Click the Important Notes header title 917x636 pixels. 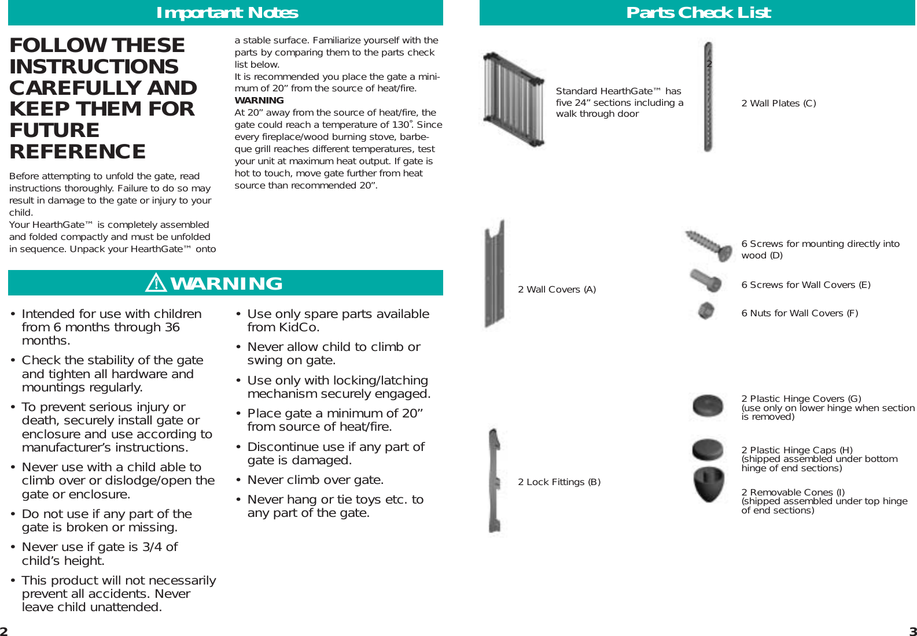pyautogui.click(x=227, y=13)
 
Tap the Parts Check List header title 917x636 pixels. pyautogui.click(x=698, y=13)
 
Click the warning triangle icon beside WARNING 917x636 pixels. pyautogui.click(x=156, y=283)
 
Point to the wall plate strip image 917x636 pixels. pyautogui.click(x=708, y=97)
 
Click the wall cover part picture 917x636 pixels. pyautogui.click(x=495, y=273)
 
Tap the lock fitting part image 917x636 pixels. pyautogui.click(x=495, y=481)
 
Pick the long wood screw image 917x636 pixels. pyautogui.click(x=709, y=245)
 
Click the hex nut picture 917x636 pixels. pyautogui.click(x=706, y=311)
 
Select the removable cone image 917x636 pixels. pyautogui.click(x=709, y=483)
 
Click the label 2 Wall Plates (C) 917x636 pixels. pyautogui.click(x=778, y=103)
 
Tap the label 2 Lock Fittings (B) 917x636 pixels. pyautogui.click(x=559, y=482)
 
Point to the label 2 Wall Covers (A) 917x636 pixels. pyautogui.click(x=557, y=290)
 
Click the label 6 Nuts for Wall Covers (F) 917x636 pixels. pyautogui.click(x=800, y=313)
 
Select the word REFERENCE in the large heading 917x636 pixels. pyautogui.click(x=78, y=151)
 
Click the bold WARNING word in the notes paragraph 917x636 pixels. pyautogui.click(x=259, y=101)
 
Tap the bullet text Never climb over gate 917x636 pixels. pyautogui.click(x=315, y=480)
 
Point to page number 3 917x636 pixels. pyautogui.click(x=912, y=631)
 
